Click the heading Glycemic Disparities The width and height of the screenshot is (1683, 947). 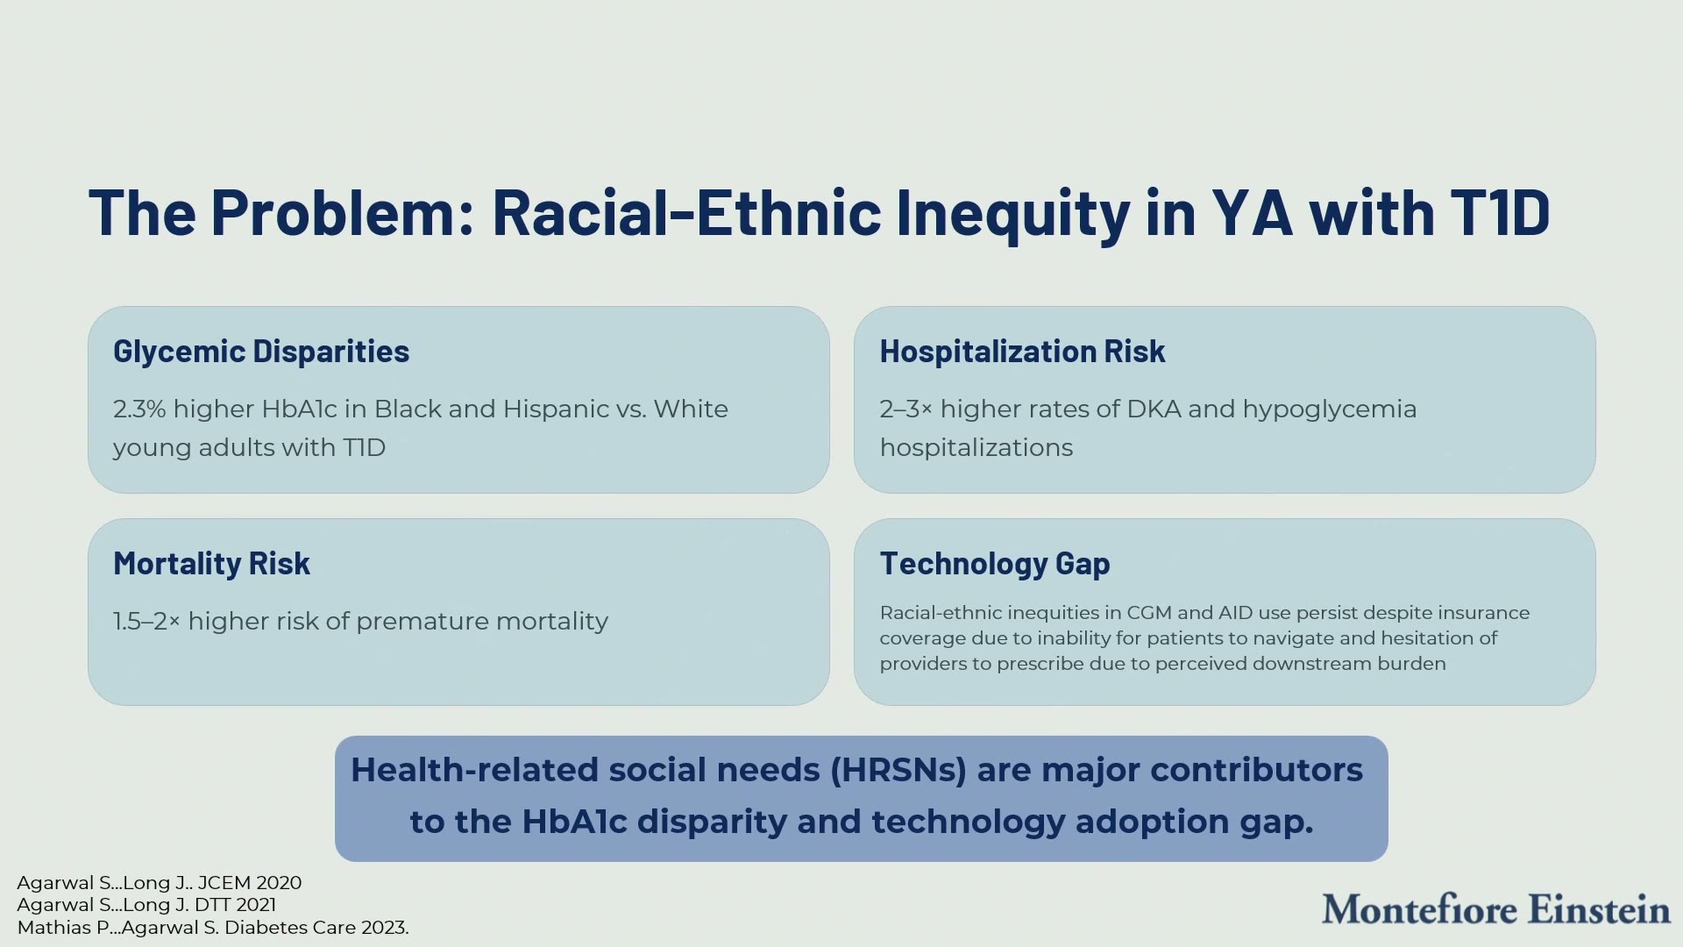261,352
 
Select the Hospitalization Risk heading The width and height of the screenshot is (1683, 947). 1022,352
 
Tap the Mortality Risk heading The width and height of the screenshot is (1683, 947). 211,564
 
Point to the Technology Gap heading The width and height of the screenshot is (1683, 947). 995,564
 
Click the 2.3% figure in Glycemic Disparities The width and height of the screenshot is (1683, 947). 139,409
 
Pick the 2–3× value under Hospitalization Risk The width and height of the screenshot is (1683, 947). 906,409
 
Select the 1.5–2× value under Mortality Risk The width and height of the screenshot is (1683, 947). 146,622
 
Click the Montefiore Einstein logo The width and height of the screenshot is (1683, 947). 1495,909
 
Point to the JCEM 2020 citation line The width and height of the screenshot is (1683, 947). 160,883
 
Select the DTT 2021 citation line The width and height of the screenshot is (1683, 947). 146,905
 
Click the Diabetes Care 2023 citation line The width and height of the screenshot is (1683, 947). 213,928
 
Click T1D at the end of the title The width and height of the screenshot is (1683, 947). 1500,212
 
